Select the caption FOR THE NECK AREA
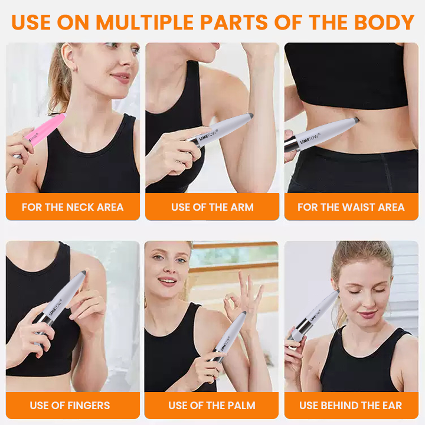(x=73, y=207)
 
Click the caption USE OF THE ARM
(x=212, y=207)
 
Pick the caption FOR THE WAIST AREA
(x=351, y=207)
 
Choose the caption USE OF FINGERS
(x=70, y=405)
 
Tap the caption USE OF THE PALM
(x=212, y=405)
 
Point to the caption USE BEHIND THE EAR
(x=351, y=405)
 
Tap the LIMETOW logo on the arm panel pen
(x=208, y=135)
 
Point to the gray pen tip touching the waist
(x=356, y=119)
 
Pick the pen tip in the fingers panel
(x=83, y=273)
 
